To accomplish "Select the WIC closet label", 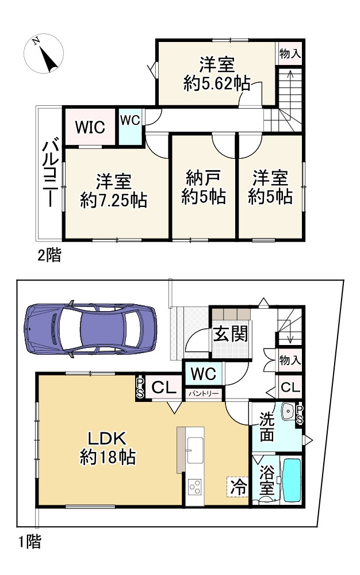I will pos(90,126).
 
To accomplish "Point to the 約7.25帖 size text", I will pos(113,201).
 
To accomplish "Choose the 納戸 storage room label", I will pos(203,178).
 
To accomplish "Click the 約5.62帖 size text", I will pos(216,84).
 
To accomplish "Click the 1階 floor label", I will pos(28,542).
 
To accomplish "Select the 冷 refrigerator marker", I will pos(238,487).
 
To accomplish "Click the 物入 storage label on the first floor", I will pos(290,361).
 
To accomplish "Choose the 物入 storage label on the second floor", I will pos(289,53).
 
